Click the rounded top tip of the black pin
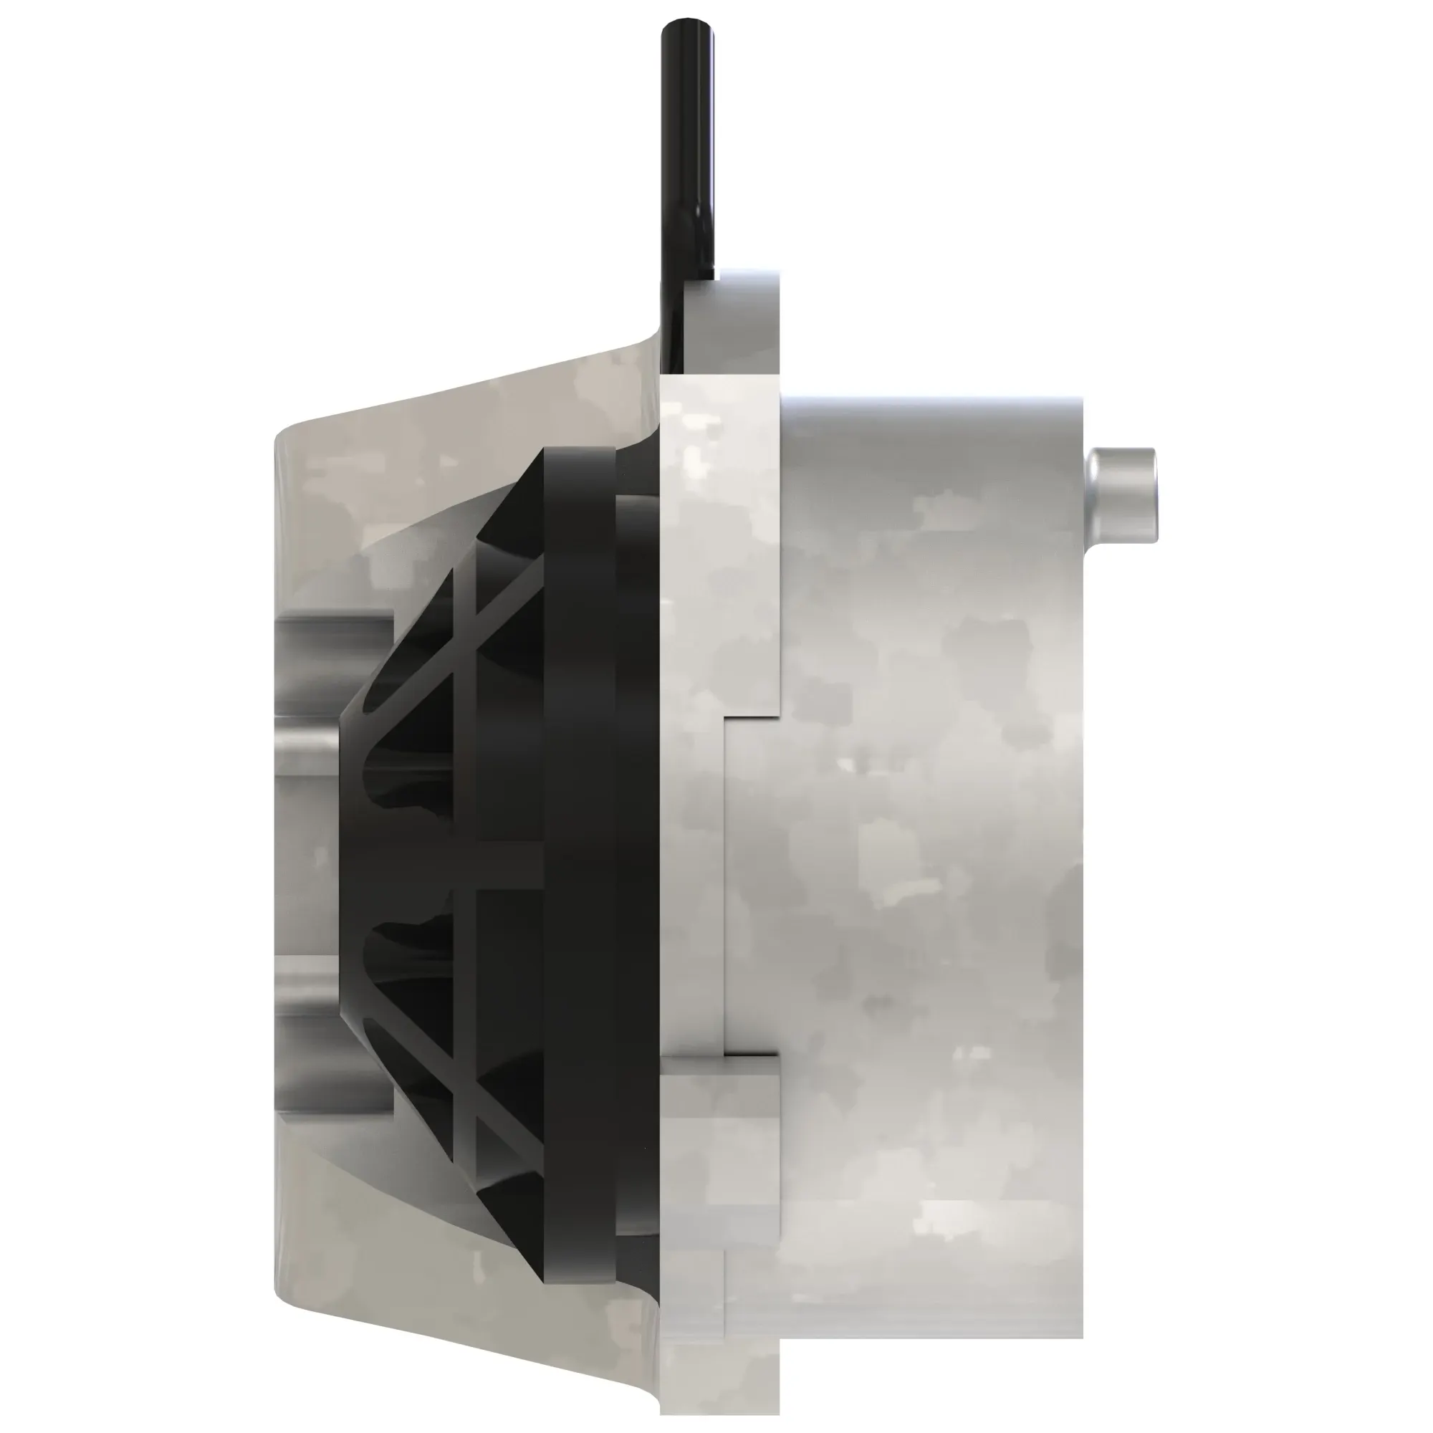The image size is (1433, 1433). coord(689,24)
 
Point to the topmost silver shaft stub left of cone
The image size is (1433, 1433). coord(334,638)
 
